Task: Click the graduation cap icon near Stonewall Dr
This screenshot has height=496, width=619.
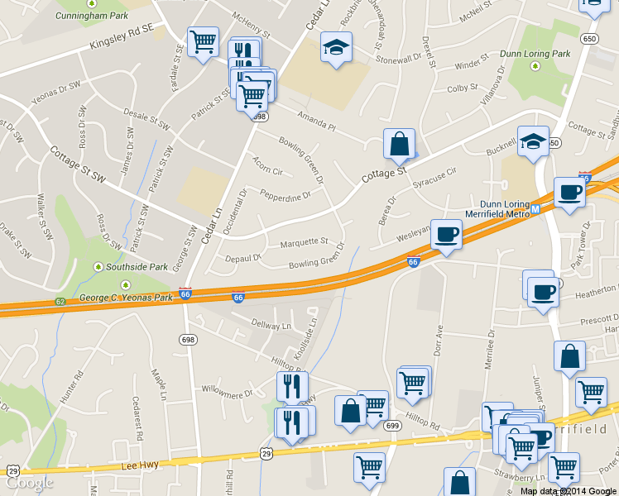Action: [x=337, y=48]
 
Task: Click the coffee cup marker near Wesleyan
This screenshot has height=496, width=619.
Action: [x=447, y=235]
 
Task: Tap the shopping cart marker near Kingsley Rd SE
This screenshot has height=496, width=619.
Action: [x=203, y=41]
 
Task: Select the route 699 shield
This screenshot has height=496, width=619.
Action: [x=392, y=426]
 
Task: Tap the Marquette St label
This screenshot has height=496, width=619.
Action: [x=304, y=243]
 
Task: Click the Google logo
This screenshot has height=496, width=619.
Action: [x=29, y=482]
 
